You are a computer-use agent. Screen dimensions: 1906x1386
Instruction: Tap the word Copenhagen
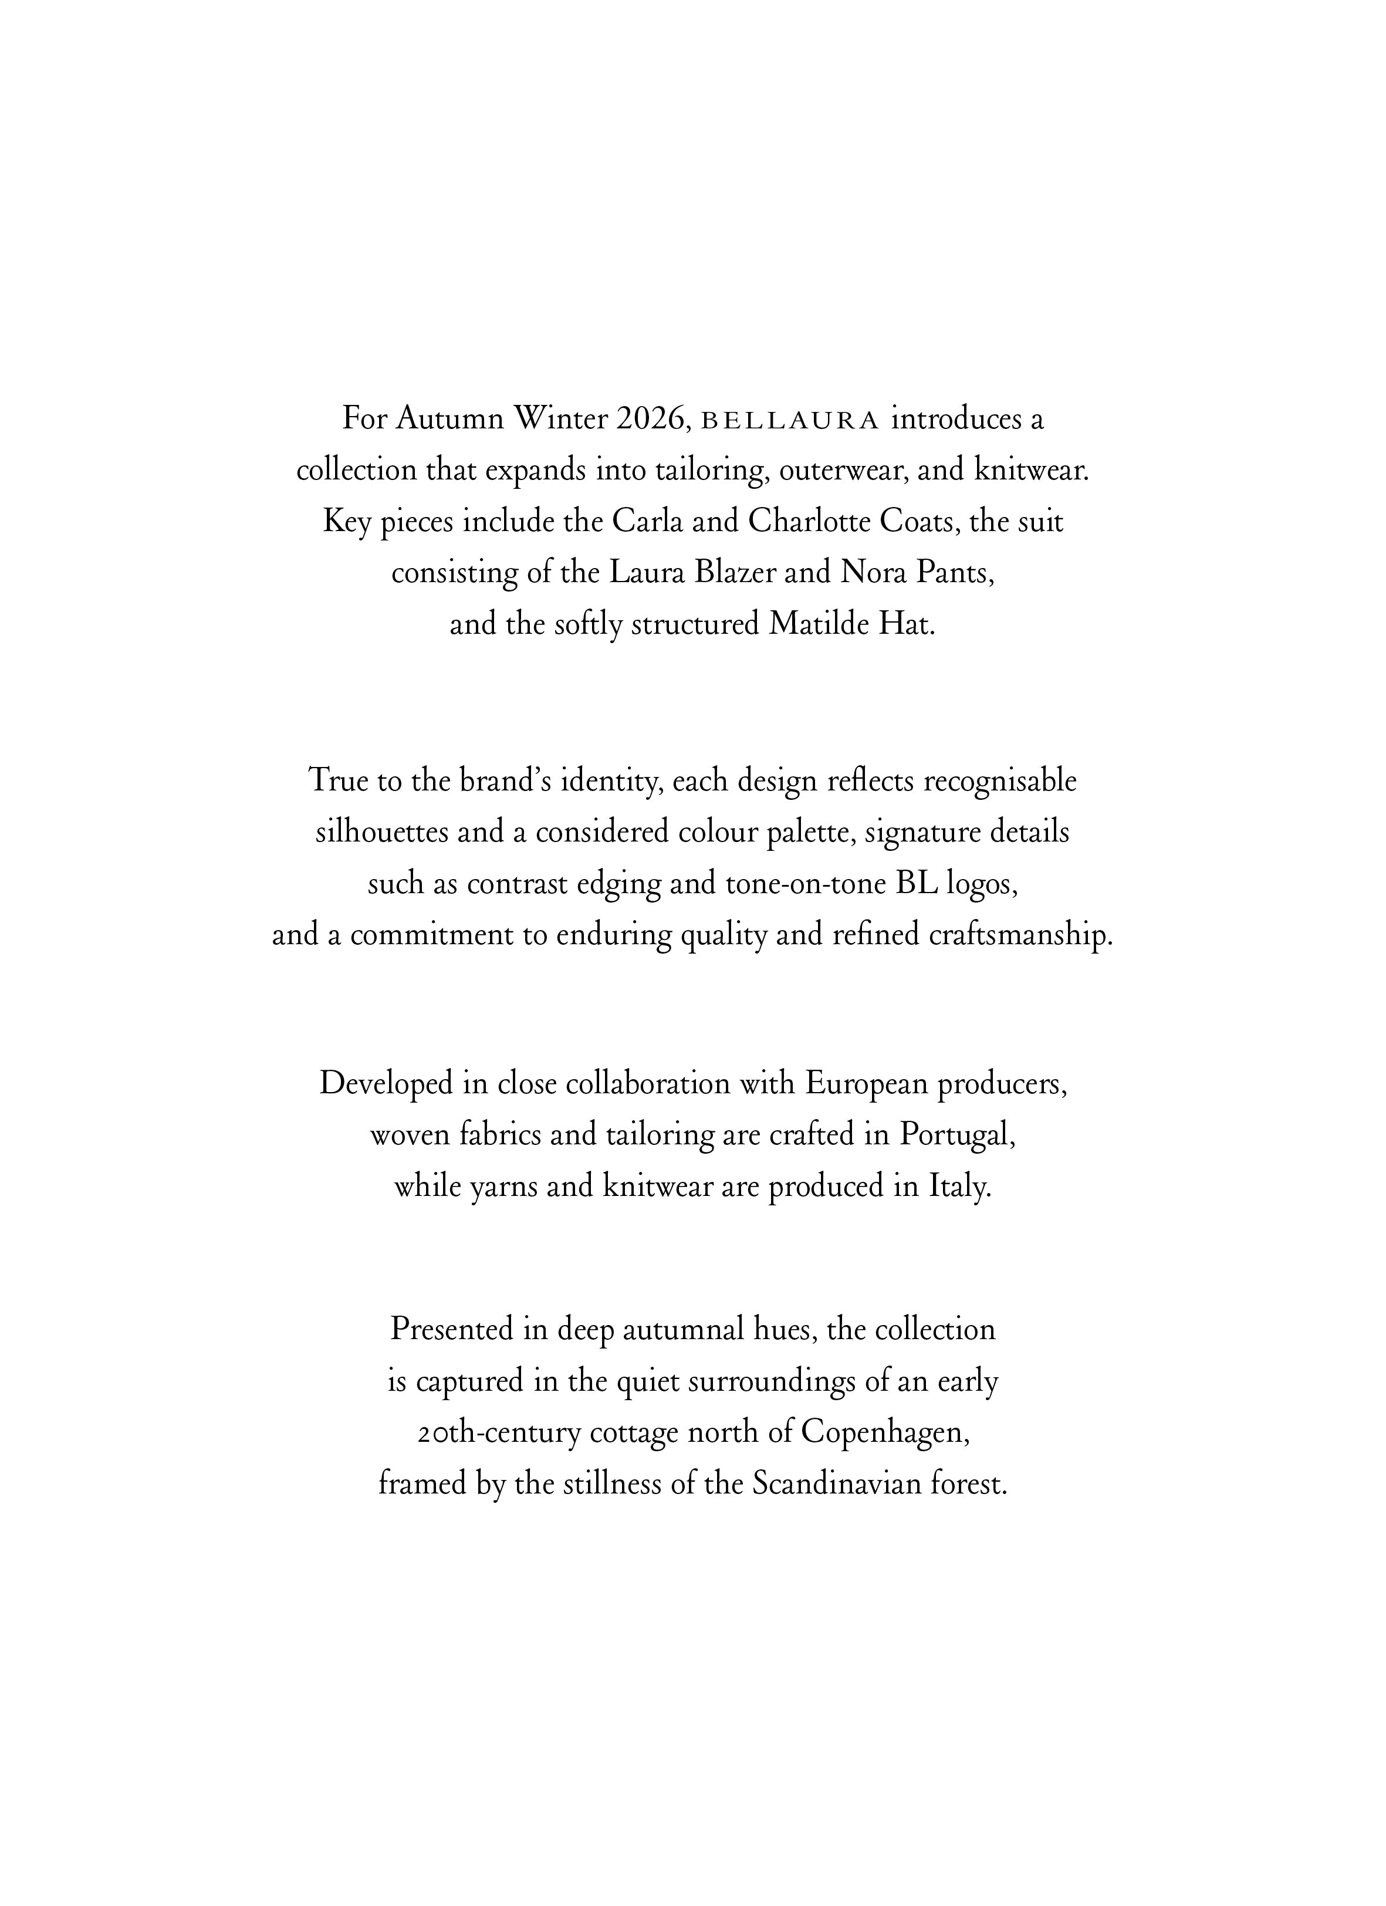pos(886,1432)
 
